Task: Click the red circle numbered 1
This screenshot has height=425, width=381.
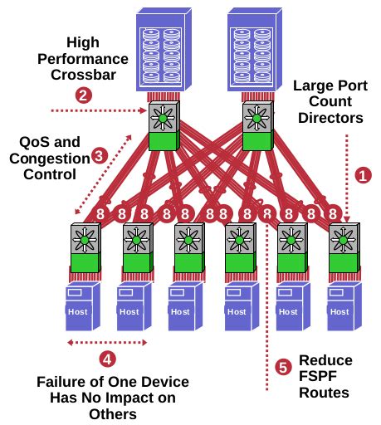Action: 362,175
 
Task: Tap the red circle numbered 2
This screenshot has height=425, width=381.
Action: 82,94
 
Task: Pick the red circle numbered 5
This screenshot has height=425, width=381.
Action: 284,366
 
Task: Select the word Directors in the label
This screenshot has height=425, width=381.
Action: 330,119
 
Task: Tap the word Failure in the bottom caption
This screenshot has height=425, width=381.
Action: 66,383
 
